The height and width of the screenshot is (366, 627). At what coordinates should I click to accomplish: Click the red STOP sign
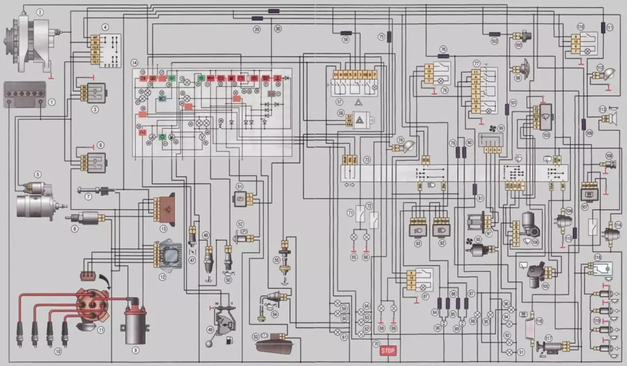point(388,351)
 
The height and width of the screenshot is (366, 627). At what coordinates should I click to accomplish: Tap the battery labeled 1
point(24,94)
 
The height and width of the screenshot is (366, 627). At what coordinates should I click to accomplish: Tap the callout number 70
point(376,343)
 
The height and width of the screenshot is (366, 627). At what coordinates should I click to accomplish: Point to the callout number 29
point(257,30)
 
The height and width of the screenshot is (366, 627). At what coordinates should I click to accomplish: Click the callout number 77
point(477,63)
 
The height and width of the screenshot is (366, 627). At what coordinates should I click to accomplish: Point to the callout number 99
point(501,128)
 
